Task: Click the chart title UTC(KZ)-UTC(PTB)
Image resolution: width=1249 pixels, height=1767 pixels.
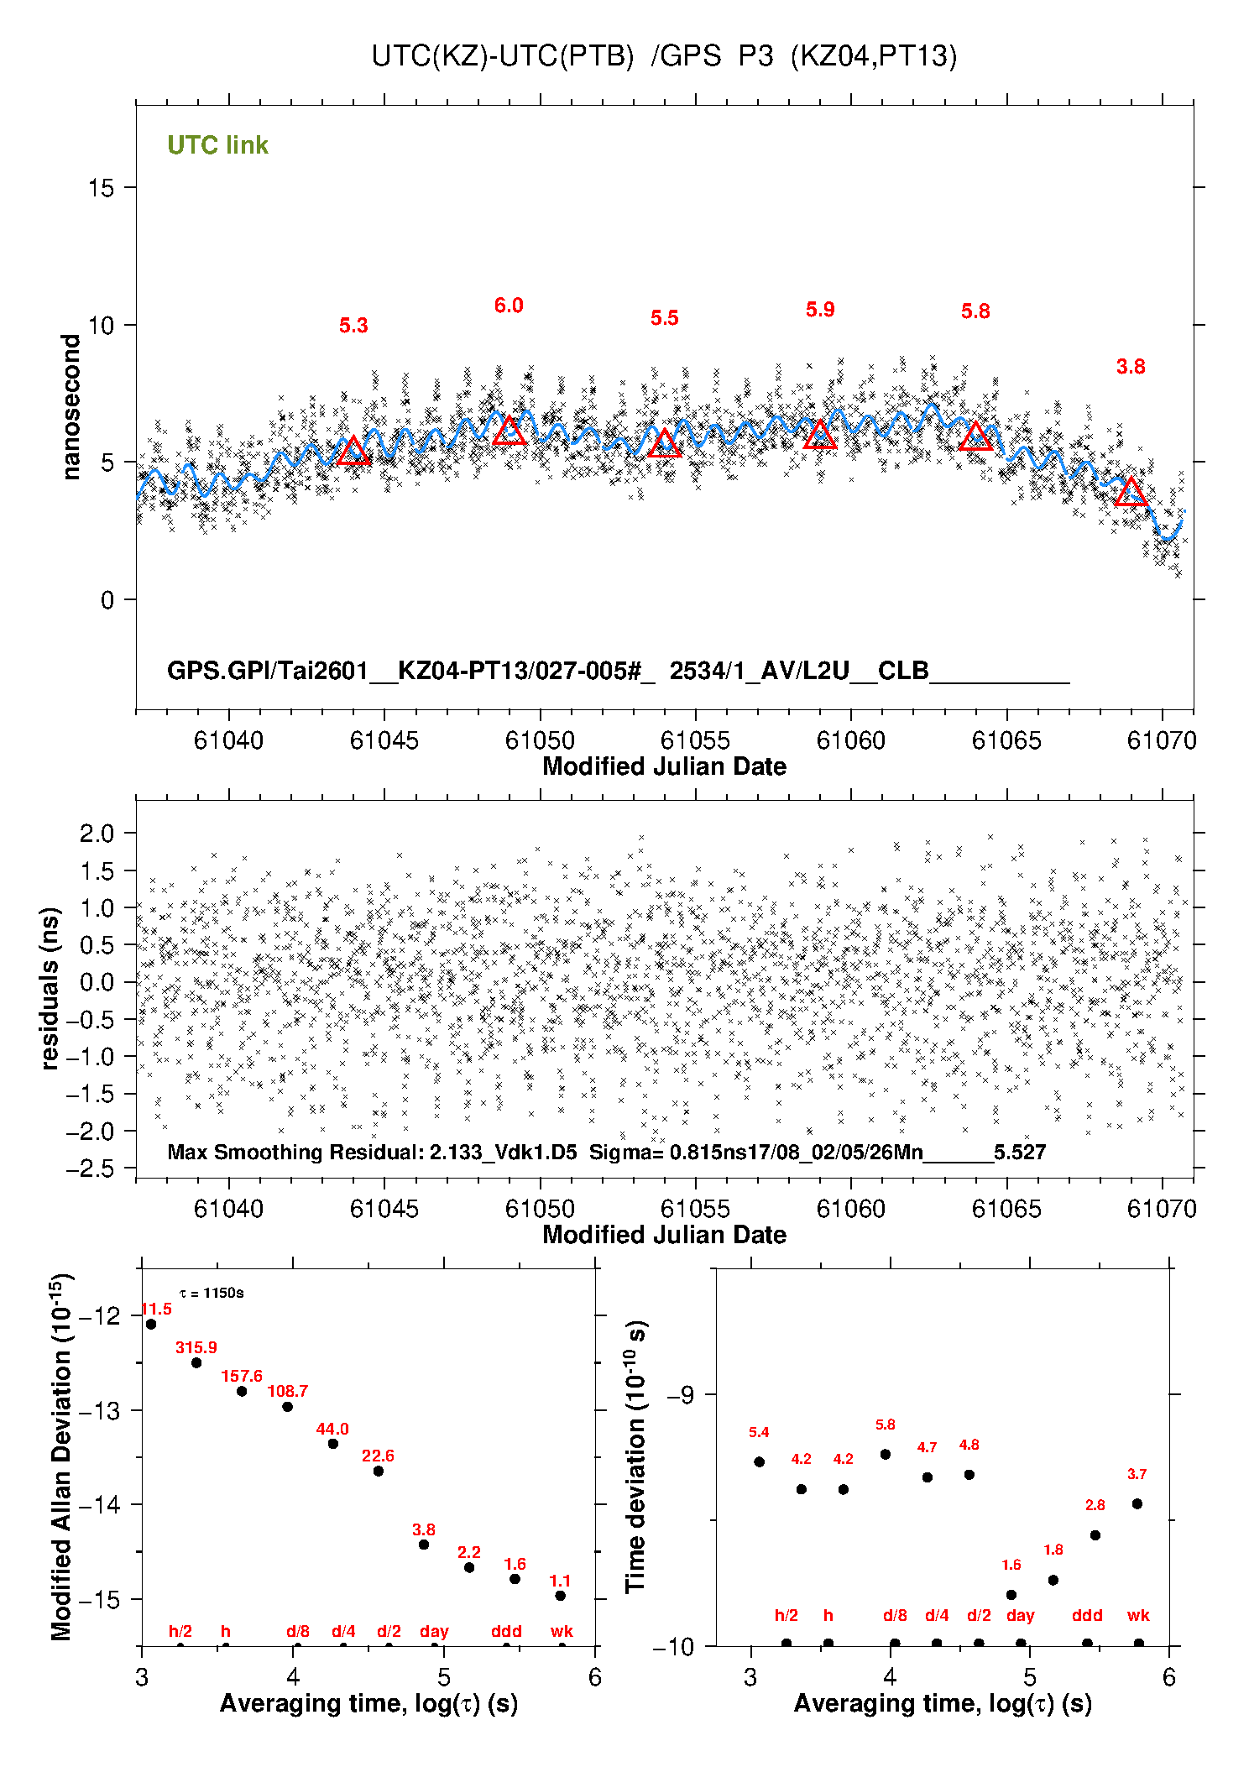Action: [x=502, y=56]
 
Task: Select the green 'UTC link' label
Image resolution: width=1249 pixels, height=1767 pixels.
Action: [x=217, y=145]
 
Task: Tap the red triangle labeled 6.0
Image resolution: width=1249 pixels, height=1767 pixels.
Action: [x=509, y=431]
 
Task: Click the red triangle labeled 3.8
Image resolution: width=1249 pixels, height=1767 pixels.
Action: [x=1131, y=493]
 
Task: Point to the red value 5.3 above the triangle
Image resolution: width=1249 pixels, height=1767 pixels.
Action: [x=353, y=326]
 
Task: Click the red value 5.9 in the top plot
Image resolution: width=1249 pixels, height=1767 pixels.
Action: [x=820, y=310]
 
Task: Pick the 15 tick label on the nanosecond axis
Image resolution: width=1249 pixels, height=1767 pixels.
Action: [x=101, y=188]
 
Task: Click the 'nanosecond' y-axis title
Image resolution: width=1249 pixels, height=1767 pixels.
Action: [x=71, y=407]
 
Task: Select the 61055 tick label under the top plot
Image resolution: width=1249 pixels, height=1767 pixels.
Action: [x=695, y=740]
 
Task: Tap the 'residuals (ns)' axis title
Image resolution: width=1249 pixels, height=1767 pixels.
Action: [x=50, y=988]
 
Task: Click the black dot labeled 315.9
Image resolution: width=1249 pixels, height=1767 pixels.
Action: [x=196, y=1362]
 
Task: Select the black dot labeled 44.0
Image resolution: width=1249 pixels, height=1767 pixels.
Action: [x=332, y=1444]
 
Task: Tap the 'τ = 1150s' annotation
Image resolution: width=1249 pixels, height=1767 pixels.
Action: [x=212, y=1293]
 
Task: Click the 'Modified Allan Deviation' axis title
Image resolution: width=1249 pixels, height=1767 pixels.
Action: [x=61, y=1457]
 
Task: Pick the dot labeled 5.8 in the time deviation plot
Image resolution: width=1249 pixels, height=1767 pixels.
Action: [x=886, y=1454]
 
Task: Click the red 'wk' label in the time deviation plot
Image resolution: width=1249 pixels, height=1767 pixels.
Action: [x=1138, y=1615]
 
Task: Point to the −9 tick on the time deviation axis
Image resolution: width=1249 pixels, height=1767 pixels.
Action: [x=681, y=1395]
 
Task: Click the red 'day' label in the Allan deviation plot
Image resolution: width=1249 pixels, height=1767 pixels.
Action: [x=434, y=1631]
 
